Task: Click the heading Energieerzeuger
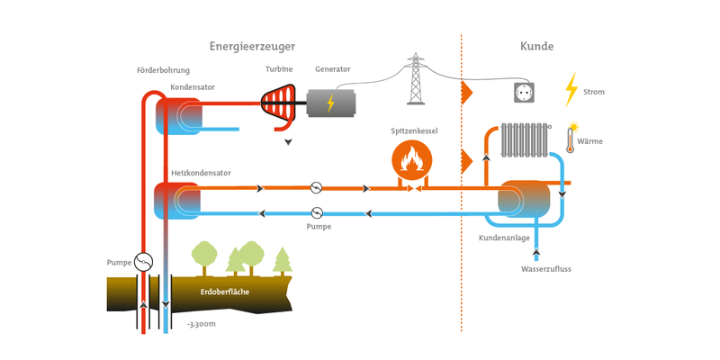(x=252, y=47)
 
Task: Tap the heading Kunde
(x=536, y=47)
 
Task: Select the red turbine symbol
(x=278, y=106)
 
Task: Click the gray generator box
(x=330, y=103)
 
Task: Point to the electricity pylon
(x=415, y=78)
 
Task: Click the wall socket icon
(x=525, y=93)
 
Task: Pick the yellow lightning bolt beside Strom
(x=571, y=89)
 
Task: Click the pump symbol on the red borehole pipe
(x=143, y=262)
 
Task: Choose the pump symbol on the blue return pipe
(x=317, y=212)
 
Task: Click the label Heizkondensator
(x=201, y=173)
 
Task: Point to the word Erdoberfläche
(x=225, y=292)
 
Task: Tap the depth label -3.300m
(x=201, y=325)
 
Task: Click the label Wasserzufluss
(x=546, y=269)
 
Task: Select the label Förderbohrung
(x=163, y=71)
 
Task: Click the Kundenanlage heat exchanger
(x=524, y=199)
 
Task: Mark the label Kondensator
(x=193, y=86)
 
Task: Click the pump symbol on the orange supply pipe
(x=316, y=188)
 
